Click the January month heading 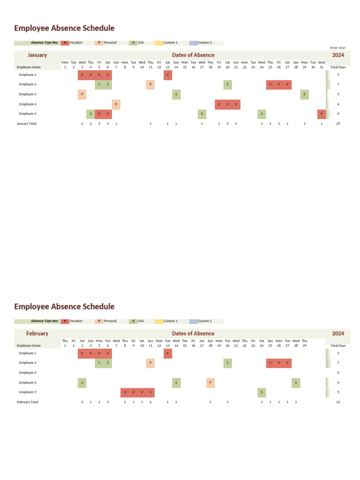pyautogui.click(x=37, y=55)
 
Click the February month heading pyautogui.click(x=37, y=333)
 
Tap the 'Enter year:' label pyautogui.click(x=338, y=48)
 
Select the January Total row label pyautogui.click(x=26, y=124)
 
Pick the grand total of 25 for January pyautogui.click(x=338, y=124)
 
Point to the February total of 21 pyautogui.click(x=338, y=402)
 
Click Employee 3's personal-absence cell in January pyautogui.click(x=82, y=94)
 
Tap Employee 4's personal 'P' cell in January pyautogui.click(x=116, y=104)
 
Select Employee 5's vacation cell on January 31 pyautogui.click(x=322, y=114)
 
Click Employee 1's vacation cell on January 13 pyautogui.click(x=168, y=75)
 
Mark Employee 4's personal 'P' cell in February pyautogui.click(x=210, y=382)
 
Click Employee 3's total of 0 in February pyautogui.click(x=338, y=373)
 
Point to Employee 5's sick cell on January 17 pyautogui.click(x=202, y=114)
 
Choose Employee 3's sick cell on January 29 pyautogui.click(x=305, y=94)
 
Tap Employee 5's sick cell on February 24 pyautogui.click(x=262, y=392)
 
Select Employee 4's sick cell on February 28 pyautogui.click(x=296, y=382)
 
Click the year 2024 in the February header pyautogui.click(x=338, y=333)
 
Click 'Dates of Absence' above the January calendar pyautogui.click(x=193, y=55)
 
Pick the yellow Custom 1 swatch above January pyautogui.click(x=159, y=43)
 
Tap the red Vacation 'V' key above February pyautogui.click(x=65, y=321)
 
